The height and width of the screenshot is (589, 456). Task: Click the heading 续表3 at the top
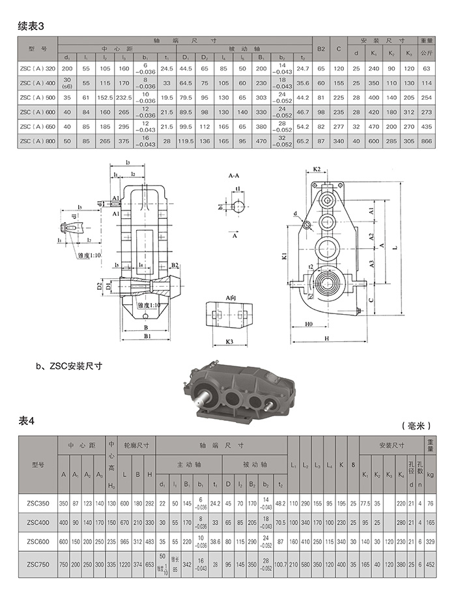tap(31, 27)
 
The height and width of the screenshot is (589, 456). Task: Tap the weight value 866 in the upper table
tap(427, 141)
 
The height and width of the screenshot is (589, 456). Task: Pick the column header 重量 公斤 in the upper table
tap(427, 46)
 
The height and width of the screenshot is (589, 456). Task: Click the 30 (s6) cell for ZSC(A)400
tap(67, 83)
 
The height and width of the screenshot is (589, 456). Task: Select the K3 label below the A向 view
tap(229, 341)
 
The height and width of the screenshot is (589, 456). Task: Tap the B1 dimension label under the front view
tap(148, 336)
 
